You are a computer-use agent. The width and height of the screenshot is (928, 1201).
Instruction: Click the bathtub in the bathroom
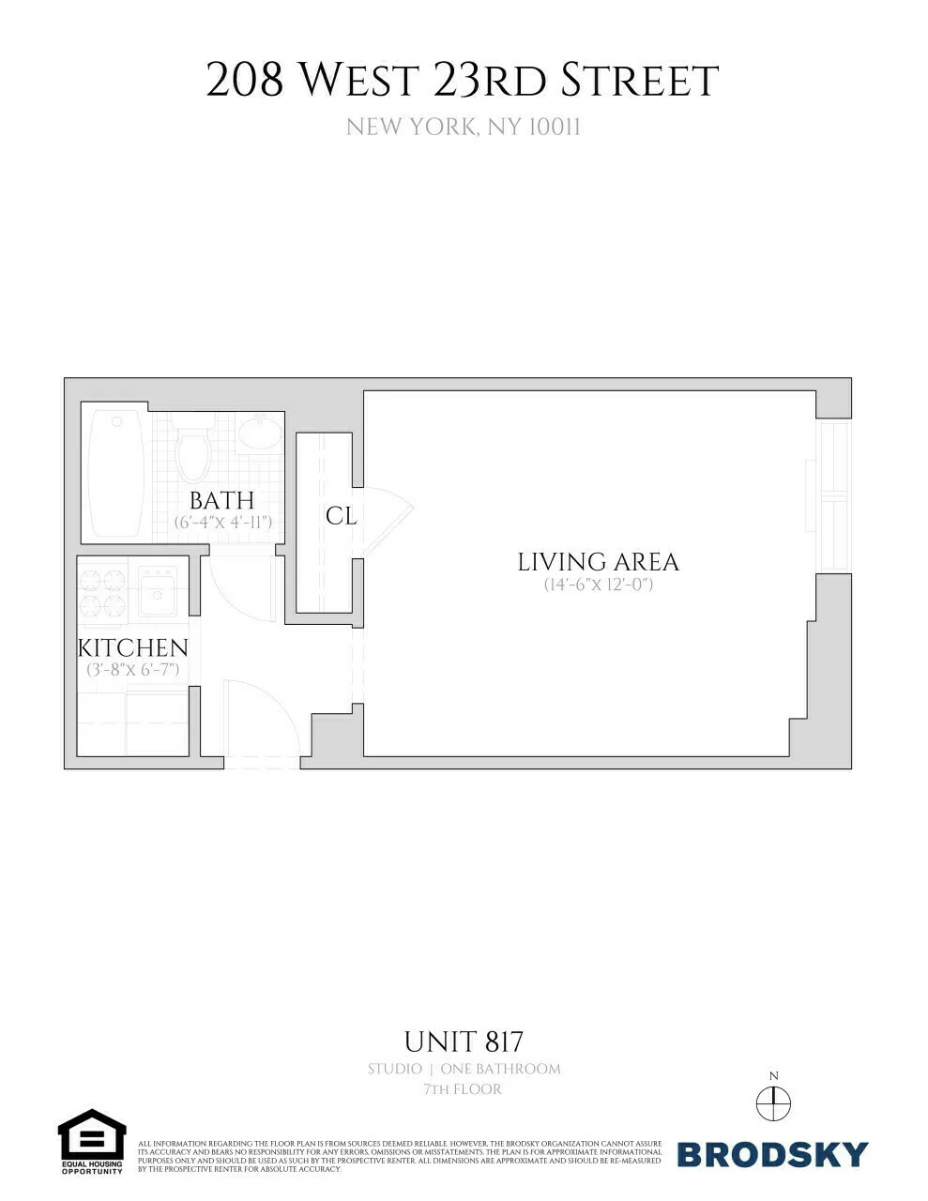click(x=116, y=473)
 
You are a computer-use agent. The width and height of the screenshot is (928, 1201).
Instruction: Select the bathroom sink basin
click(x=257, y=433)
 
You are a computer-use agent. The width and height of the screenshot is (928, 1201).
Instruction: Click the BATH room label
click(x=221, y=500)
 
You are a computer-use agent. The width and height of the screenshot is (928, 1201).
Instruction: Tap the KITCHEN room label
click(x=132, y=647)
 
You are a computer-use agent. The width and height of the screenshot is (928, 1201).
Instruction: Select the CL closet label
click(x=341, y=515)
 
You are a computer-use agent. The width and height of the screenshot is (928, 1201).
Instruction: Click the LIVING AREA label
click(x=598, y=561)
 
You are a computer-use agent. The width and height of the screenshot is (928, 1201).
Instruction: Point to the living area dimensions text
click(x=598, y=584)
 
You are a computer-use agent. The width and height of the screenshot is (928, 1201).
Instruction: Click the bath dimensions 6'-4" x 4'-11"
click(x=223, y=522)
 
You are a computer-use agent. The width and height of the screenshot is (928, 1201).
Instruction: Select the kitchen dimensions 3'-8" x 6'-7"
click(x=132, y=670)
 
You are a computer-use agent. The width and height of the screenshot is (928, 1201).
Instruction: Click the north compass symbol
click(x=773, y=1102)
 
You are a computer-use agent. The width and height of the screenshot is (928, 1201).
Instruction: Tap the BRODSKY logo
click(x=772, y=1154)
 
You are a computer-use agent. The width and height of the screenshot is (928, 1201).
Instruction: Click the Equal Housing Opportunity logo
click(x=92, y=1141)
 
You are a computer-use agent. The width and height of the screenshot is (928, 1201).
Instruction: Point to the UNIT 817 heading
click(x=464, y=1041)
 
